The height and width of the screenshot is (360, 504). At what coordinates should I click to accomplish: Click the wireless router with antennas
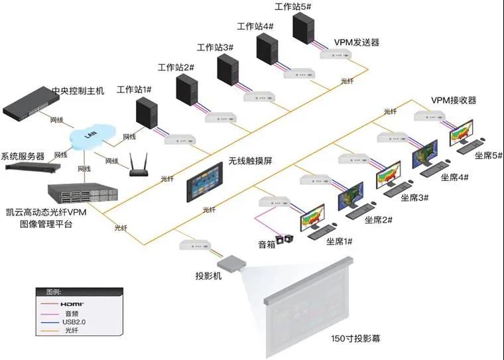click(x=137, y=166)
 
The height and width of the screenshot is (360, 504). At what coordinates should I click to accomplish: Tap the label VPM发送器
click(x=356, y=42)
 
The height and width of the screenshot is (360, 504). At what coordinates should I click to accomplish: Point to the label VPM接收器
click(x=454, y=100)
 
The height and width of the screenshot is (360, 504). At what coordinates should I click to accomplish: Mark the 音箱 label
click(x=266, y=244)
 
